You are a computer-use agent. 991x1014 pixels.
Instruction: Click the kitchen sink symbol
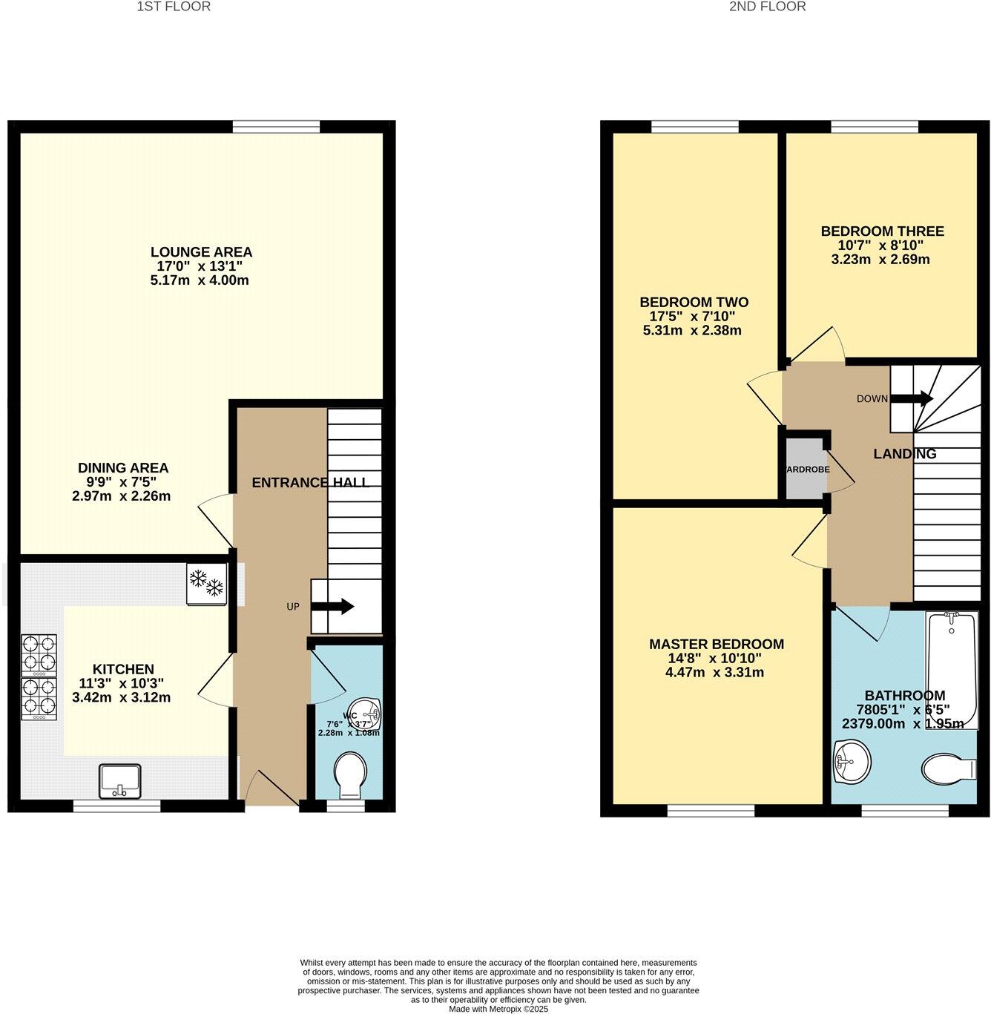tap(120, 780)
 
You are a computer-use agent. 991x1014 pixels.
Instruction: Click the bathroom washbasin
tap(852, 762)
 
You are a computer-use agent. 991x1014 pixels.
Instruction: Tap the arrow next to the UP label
tap(337, 607)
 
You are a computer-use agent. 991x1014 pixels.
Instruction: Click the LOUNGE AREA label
tap(201, 252)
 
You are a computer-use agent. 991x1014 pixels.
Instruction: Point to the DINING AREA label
tap(123, 468)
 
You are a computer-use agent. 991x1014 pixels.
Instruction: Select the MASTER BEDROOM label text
tap(716, 644)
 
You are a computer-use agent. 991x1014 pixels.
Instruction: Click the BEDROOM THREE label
tap(882, 231)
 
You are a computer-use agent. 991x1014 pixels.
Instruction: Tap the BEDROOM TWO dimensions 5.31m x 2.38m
tap(692, 331)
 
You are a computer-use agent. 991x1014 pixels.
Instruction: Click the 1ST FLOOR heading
tap(174, 7)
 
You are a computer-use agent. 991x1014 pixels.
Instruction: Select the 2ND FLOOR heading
tap(767, 7)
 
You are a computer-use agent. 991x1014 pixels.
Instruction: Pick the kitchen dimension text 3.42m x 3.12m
tap(122, 697)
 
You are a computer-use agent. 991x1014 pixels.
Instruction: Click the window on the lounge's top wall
tap(276, 127)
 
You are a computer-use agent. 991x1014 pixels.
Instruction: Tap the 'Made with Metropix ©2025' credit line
tap(498, 1009)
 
